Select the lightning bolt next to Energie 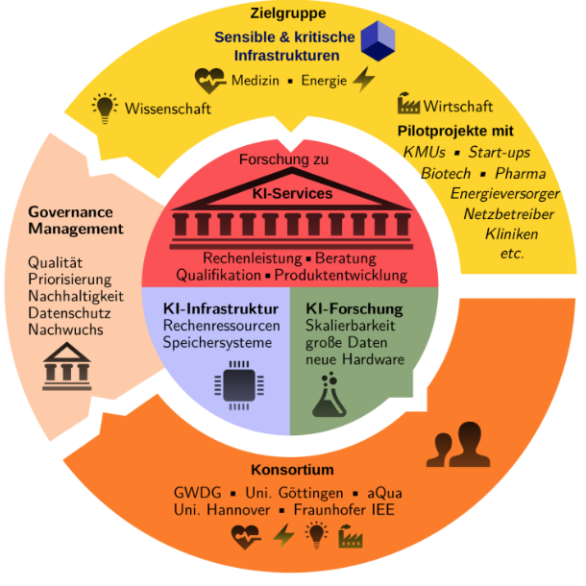(x=363, y=80)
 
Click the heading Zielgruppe (x=287, y=13)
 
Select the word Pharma (x=520, y=174)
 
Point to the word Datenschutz (x=69, y=313)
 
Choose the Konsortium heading (x=292, y=471)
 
